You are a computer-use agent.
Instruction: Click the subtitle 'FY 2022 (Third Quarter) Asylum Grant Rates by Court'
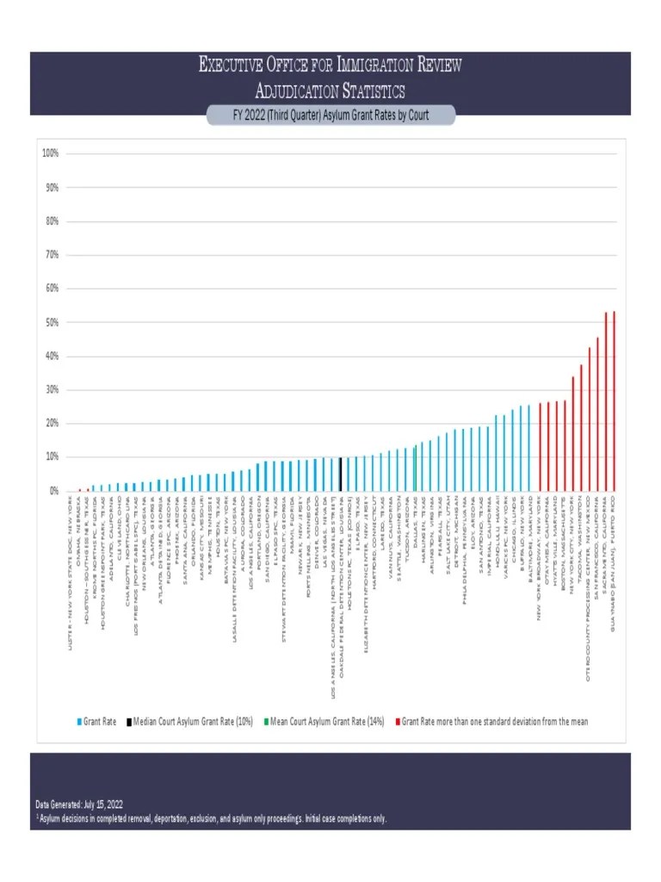tap(330, 115)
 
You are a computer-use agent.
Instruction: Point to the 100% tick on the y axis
tap(49, 153)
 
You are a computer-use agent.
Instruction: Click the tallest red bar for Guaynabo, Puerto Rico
tap(615, 401)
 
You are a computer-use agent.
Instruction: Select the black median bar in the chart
tap(341, 475)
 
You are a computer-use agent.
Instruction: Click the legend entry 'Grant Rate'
tap(97, 721)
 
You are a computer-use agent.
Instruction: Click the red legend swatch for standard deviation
tap(398, 721)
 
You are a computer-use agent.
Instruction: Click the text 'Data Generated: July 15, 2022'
tap(85, 804)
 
